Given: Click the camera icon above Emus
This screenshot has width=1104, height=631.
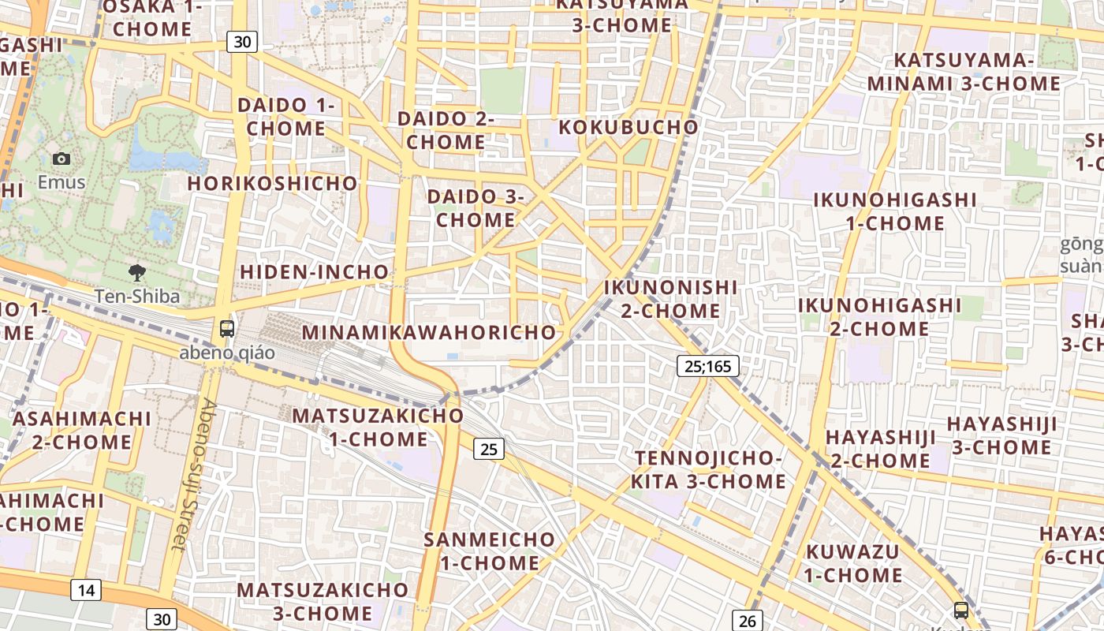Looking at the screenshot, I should [62, 159].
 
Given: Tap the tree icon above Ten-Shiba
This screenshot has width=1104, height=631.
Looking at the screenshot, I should [137, 273].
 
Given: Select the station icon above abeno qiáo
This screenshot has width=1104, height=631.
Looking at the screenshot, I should [227, 329].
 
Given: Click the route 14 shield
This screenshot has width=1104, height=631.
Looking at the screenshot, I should [86, 589].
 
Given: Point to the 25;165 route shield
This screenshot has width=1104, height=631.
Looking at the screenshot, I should [707, 366].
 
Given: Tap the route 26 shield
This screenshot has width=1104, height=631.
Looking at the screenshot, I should [747, 621].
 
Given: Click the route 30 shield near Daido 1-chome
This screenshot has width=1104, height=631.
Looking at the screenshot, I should [242, 42].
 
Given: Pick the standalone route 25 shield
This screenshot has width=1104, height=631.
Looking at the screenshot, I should [489, 449].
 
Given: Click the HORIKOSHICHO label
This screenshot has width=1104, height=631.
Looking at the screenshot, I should [272, 183].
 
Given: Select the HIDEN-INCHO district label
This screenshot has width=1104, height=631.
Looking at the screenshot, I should [314, 272].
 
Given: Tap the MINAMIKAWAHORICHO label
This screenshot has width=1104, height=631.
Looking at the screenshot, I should [429, 332].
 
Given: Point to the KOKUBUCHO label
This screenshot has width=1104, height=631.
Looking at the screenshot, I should [628, 127].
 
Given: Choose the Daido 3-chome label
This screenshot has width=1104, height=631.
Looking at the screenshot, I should [476, 208].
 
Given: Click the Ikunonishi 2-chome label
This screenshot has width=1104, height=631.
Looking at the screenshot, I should [670, 299].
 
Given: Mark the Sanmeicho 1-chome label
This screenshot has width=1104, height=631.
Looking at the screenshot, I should [490, 551].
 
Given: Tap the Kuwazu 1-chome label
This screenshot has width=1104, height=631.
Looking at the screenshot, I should [853, 563].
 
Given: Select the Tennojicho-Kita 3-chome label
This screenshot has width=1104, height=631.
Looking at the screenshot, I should [709, 470].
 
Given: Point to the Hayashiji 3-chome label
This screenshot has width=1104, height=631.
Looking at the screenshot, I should [1001, 435].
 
